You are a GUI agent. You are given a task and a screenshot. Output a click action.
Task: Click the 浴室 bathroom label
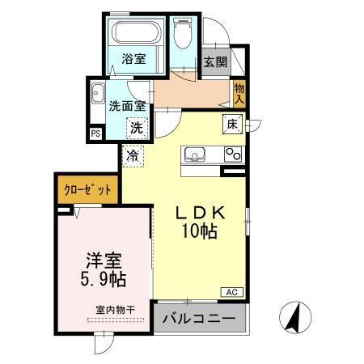pyautogui.click(x=135, y=58)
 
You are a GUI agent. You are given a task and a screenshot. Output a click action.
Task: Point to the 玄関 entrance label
pyautogui.click(x=214, y=61)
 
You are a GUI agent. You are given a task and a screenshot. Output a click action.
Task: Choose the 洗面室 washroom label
pyautogui.click(x=127, y=104)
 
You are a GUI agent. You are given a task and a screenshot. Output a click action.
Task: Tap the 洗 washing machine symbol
pyautogui.click(x=138, y=126)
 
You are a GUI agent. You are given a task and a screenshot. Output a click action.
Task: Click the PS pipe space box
pyautogui.click(x=95, y=133)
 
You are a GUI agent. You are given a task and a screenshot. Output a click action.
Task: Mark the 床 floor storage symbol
pyautogui.click(x=231, y=124)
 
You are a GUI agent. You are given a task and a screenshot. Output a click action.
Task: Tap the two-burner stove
pyautogui.click(x=234, y=154)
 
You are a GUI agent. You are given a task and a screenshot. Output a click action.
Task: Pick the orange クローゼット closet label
pyautogui.click(x=87, y=191)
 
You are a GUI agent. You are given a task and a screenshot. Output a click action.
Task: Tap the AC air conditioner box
pyautogui.click(x=229, y=291)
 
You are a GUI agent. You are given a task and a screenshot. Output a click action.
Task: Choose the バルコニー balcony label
pyautogui.click(x=199, y=318)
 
